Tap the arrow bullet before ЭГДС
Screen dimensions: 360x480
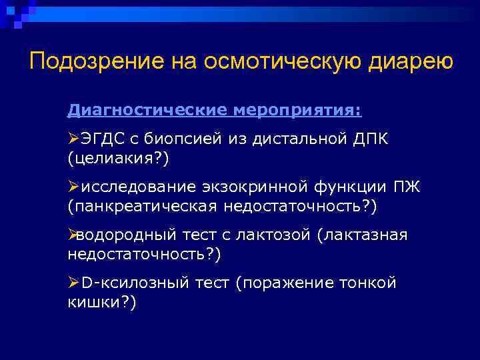click(73, 139)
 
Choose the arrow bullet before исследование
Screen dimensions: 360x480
click(73, 187)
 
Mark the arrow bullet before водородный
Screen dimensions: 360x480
click(73, 235)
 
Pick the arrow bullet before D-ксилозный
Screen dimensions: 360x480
click(73, 283)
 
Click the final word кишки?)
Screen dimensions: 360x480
click(101, 303)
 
